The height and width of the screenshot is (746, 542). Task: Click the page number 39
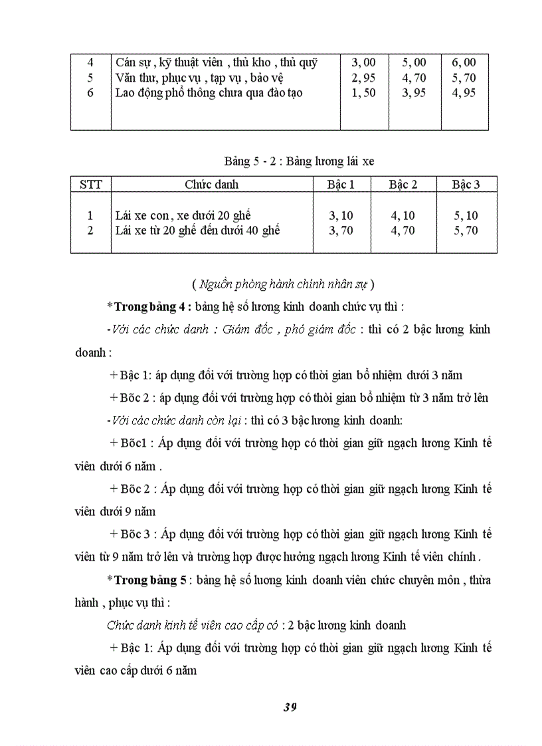click(290, 707)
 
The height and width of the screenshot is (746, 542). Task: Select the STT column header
click(91, 185)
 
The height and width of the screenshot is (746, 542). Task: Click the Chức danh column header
click(211, 185)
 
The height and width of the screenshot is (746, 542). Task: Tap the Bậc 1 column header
click(342, 185)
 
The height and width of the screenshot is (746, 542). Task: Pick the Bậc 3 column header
click(466, 185)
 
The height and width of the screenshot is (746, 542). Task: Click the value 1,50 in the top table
click(364, 93)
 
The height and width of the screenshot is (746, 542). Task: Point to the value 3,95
click(414, 93)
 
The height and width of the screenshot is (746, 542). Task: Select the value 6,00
click(464, 62)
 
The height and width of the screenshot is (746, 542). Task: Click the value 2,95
click(364, 78)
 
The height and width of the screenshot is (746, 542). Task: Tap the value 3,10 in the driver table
click(342, 216)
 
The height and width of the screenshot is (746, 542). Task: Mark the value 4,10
click(403, 216)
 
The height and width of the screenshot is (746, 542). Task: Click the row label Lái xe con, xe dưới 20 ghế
click(183, 216)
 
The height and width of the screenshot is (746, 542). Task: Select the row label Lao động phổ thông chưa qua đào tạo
click(209, 93)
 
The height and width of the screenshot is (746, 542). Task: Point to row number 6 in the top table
click(90, 93)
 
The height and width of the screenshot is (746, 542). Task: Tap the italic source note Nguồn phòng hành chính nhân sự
click(283, 285)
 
